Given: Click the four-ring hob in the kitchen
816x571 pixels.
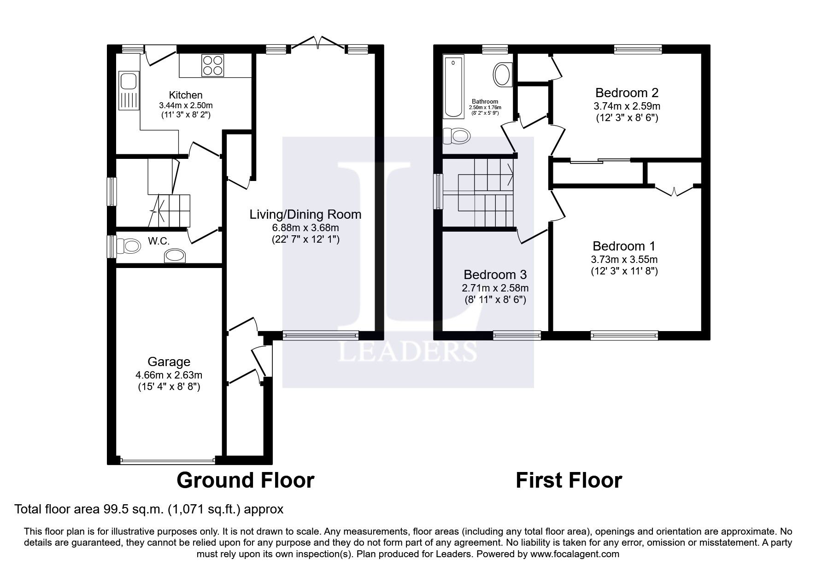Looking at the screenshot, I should [x=213, y=65].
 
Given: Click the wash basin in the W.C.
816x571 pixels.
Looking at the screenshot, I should [x=175, y=256].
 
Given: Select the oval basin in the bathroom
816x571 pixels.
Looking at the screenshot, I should [x=502, y=75].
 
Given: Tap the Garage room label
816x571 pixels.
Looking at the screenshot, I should [x=169, y=362].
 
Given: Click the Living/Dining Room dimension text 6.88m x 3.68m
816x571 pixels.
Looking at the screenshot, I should [x=305, y=227].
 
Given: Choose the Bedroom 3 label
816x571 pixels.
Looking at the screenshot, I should [x=495, y=275].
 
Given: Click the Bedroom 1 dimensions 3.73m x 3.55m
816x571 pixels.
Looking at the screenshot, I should [x=624, y=259].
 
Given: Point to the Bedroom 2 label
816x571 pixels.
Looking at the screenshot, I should [x=627, y=93].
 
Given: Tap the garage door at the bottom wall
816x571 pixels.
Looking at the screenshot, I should [x=168, y=460].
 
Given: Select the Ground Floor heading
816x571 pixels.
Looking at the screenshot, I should [x=245, y=480].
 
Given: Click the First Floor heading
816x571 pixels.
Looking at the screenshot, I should [x=569, y=480].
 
